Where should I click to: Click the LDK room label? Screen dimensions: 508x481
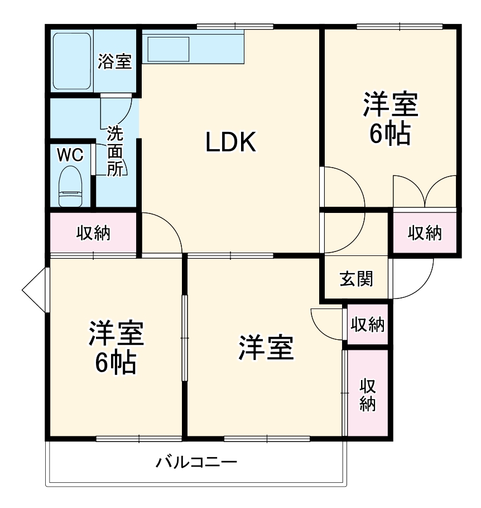coord(230,143)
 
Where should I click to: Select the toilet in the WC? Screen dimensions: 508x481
coord(70,188)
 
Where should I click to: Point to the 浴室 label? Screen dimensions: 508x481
coord(115,61)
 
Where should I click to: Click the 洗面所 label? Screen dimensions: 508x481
coord(115,151)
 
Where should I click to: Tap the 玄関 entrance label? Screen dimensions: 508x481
coord(356,278)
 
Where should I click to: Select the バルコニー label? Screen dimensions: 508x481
coord(196,463)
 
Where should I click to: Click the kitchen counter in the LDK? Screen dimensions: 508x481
coord(193,47)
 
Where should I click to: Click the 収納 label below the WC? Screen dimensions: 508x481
coord(93,232)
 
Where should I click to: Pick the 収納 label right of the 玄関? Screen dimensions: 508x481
coord(425,232)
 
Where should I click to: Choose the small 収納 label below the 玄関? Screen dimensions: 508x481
coord(367,325)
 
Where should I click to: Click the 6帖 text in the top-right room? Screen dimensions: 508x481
coord(390,134)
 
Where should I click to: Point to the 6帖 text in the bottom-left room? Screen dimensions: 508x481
coord(115,363)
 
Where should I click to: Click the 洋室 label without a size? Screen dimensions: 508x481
coord(266,348)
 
